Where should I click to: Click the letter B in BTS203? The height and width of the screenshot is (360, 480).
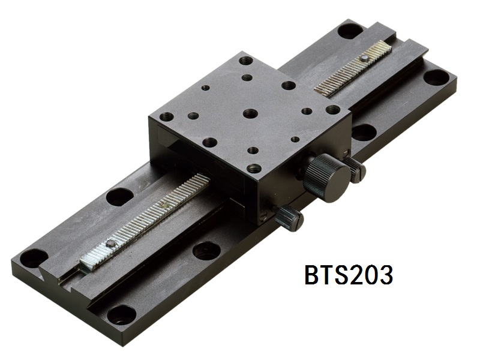(313, 275)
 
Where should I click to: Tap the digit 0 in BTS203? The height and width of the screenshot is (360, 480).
(367, 275)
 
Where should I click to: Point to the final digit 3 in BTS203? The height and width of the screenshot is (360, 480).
(385, 275)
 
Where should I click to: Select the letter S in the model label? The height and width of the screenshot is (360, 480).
(348, 275)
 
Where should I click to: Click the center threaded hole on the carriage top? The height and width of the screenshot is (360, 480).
(251, 113)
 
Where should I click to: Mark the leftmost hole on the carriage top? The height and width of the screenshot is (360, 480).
(167, 116)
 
